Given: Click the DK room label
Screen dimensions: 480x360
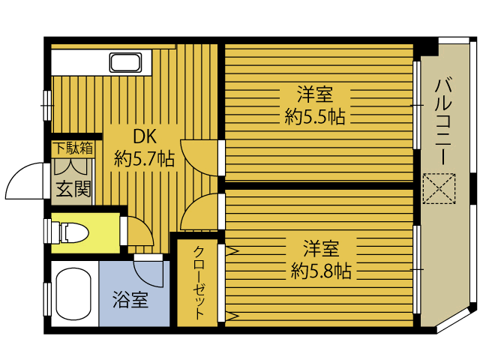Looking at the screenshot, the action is pyautogui.click(x=145, y=136).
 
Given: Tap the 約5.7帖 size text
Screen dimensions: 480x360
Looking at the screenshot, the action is pyautogui.click(x=144, y=158).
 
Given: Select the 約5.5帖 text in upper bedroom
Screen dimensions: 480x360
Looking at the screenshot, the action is pyautogui.click(x=315, y=117).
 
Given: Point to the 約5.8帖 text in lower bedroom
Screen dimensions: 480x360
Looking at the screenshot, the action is pyautogui.click(x=321, y=271).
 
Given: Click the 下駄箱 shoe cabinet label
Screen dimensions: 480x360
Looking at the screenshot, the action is pyautogui.click(x=73, y=148).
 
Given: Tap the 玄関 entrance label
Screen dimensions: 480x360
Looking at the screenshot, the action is pyautogui.click(x=73, y=189).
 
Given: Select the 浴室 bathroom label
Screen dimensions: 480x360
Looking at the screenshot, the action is pyautogui.click(x=130, y=299).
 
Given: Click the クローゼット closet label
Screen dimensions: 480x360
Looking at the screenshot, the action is pyautogui.click(x=198, y=283).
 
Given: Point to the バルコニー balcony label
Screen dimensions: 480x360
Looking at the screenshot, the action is pyautogui.click(x=443, y=121).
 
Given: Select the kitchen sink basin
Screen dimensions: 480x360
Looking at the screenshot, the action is pyautogui.click(x=125, y=63).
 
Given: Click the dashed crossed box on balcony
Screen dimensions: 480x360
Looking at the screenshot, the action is pyautogui.click(x=439, y=188).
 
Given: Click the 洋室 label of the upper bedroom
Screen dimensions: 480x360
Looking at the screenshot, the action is pyautogui.click(x=315, y=94).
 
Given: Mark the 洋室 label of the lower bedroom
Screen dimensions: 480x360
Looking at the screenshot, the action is pyautogui.click(x=321, y=248).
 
